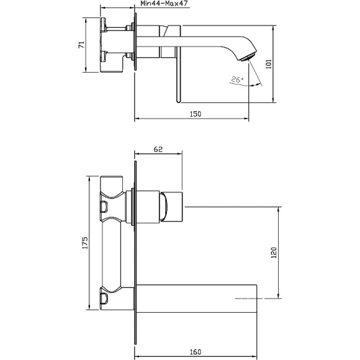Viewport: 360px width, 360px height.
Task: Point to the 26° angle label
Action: coord(236,79)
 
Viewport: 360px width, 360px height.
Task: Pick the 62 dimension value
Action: coord(158,150)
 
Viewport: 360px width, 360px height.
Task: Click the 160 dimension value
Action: coord(195,352)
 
